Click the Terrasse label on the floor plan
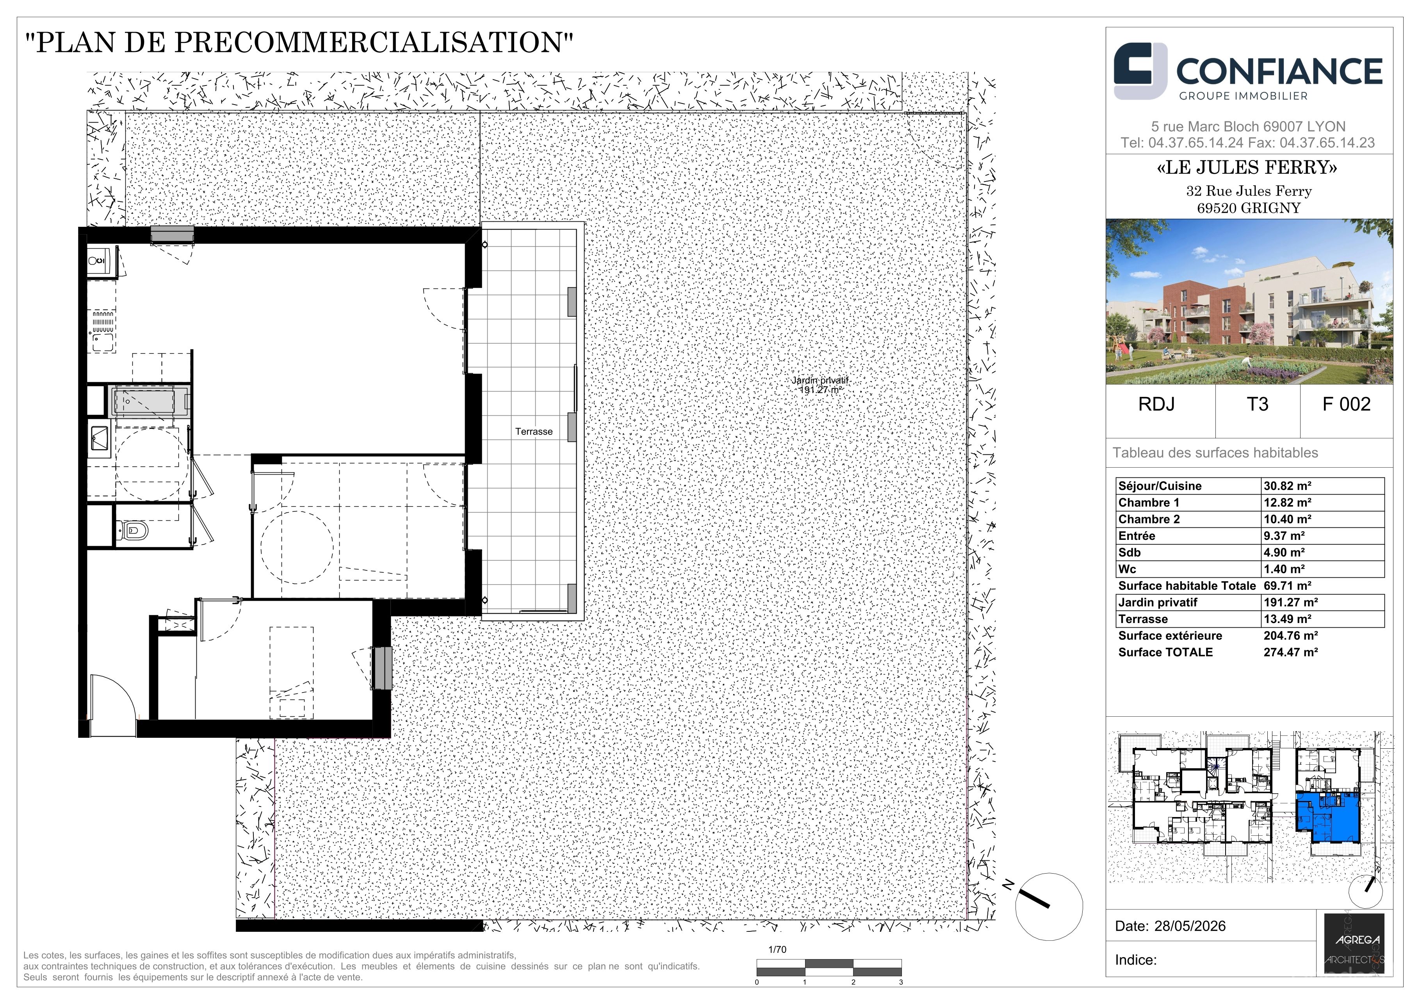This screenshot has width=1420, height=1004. [x=534, y=431]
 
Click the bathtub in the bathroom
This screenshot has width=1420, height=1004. [x=150, y=402]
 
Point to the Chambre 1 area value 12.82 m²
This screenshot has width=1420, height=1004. [x=1287, y=503]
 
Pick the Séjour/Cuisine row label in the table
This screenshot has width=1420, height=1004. [x=1160, y=486]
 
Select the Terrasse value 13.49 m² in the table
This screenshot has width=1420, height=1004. [x=1287, y=619]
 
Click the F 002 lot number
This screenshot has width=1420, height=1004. [x=1346, y=404]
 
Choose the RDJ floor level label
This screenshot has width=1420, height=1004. [x=1156, y=404]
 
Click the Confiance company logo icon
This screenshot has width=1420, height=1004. [x=1140, y=71]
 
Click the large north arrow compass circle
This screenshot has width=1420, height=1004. [x=1049, y=907]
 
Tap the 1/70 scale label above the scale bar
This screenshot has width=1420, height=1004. [x=777, y=950]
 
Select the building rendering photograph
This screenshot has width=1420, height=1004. [x=1249, y=302]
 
